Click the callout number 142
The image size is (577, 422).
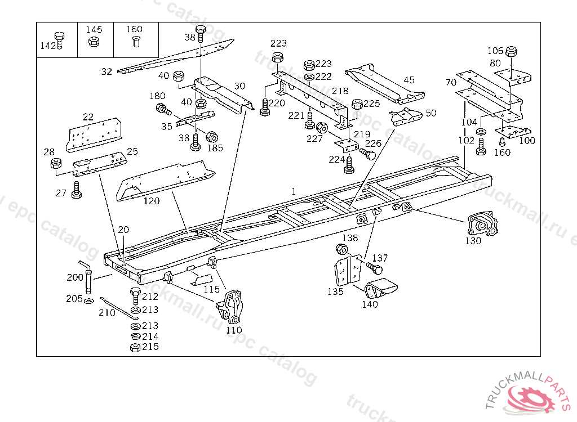[47, 46]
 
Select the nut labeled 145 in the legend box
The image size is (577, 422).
[94, 41]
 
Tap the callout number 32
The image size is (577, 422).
[106, 71]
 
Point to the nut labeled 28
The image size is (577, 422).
[56, 164]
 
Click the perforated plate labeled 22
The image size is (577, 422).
[95, 136]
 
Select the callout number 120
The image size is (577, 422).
[150, 200]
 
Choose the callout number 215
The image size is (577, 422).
[150, 347]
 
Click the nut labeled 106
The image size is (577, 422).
[512, 52]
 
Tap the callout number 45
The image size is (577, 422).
[409, 80]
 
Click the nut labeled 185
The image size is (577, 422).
[212, 136]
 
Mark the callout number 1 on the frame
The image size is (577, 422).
[294, 191]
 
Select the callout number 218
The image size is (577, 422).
[340, 91]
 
